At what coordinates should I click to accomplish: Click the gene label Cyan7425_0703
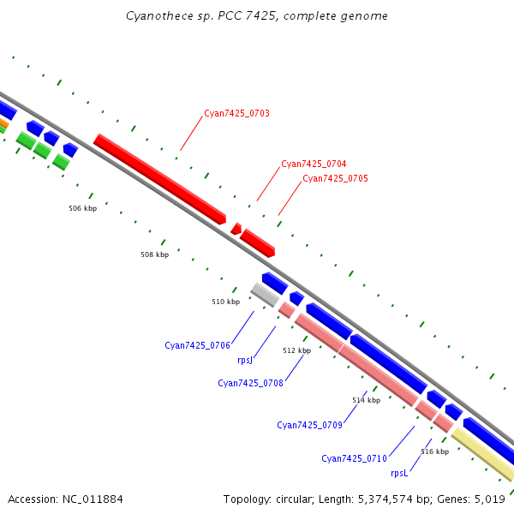point(236,113)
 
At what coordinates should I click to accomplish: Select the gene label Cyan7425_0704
point(314,164)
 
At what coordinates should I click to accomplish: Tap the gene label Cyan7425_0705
point(335,178)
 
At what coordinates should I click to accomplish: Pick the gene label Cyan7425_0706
point(197,345)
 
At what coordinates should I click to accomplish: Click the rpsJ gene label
point(245,361)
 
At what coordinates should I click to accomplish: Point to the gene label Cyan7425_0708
point(250,383)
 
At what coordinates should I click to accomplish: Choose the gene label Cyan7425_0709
point(309,425)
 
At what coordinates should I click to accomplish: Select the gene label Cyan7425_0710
point(354,458)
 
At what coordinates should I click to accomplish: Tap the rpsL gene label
point(399,473)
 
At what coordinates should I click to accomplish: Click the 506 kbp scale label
point(83,208)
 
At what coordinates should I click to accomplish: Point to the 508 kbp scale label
point(155,254)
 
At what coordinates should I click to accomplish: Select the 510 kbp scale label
point(226,302)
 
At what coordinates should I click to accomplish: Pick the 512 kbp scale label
point(296,350)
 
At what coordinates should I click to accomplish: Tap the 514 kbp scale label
point(366,400)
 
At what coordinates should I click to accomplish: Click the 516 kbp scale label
point(434,451)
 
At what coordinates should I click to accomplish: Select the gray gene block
point(265,295)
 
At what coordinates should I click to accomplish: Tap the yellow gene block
point(482,454)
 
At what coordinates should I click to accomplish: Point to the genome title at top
point(256,16)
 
